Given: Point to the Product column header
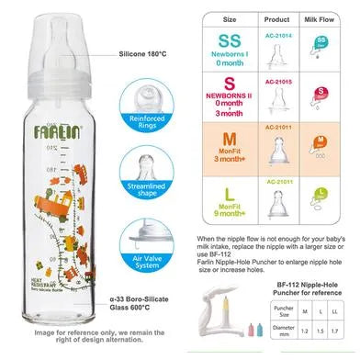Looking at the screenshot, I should click(276, 18).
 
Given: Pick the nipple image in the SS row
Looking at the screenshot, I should click(277, 52).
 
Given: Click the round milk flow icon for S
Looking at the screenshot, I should click(322, 92).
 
